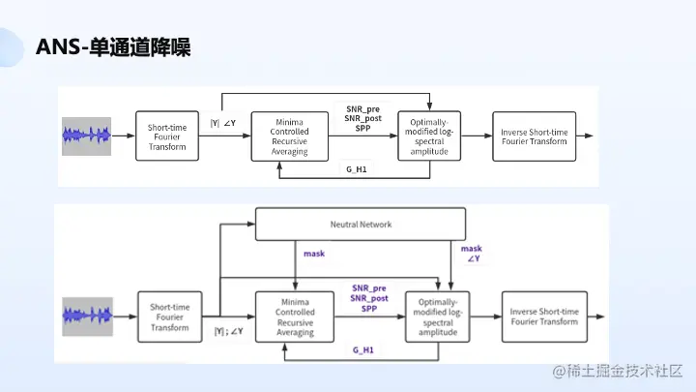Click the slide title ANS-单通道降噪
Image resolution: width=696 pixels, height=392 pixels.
[x=112, y=46]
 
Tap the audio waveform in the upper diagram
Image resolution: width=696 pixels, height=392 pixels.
[x=87, y=136]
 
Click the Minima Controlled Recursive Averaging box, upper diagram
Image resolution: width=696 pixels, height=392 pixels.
[x=291, y=136]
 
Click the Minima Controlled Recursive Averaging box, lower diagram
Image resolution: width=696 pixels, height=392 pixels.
[x=296, y=317]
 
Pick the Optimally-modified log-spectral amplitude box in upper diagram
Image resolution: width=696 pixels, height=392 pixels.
[x=429, y=136]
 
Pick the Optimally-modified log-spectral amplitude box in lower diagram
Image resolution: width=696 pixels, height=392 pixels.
[x=438, y=317]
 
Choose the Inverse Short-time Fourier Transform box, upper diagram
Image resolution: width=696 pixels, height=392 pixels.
[x=535, y=136]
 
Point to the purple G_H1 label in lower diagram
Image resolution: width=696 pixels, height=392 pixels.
[x=362, y=349]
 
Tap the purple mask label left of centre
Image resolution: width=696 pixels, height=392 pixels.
[x=314, y=255]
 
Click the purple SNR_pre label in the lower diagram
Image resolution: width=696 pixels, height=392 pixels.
[x=369, y=287]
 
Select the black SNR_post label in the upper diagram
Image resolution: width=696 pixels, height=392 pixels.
[x=363, y=118]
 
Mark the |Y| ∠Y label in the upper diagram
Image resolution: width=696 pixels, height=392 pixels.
[x=223, y=123]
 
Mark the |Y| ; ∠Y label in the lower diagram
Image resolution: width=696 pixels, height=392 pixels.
[x=228, y=332]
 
